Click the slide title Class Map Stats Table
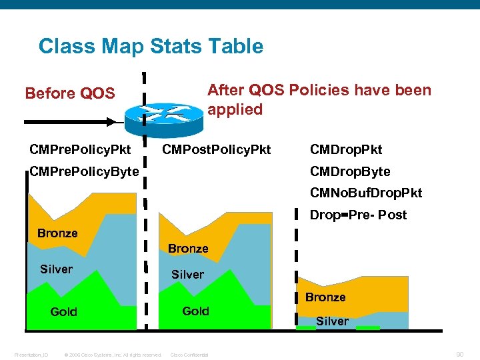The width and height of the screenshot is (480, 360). point(151,47)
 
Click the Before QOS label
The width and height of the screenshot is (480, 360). point(70,93)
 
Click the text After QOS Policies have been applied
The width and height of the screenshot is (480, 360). point(319,99)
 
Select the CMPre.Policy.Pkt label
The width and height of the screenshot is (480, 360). point(80,149)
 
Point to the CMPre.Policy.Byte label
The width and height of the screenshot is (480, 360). point(85,172)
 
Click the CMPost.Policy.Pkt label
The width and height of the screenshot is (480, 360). point(217,149)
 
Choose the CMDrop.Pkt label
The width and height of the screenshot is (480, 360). point(346,149)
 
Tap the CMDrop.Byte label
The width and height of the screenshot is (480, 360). point(350,172)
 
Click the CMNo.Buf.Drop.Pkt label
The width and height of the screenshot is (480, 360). point(366,193)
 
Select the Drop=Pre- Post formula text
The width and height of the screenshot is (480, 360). point(358,215)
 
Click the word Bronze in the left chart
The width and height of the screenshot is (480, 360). point(57,233)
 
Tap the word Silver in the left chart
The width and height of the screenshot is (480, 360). point(56,269)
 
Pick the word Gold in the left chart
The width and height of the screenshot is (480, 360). point(64,312)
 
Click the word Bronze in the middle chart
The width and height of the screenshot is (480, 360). point(188,249)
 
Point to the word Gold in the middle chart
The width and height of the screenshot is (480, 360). point(195,311)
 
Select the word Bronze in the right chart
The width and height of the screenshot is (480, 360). point(325,297)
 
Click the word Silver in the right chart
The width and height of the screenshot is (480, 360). point(332,321)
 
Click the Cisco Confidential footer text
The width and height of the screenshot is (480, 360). point(189,355)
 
